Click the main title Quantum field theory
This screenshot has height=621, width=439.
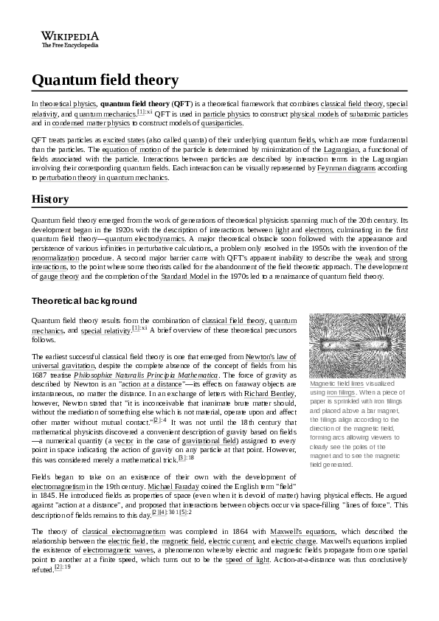point(105,80)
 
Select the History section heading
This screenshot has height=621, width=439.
point(50,199)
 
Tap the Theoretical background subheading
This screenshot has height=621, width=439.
point(84,301)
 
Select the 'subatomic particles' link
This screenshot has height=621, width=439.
point(378,114)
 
